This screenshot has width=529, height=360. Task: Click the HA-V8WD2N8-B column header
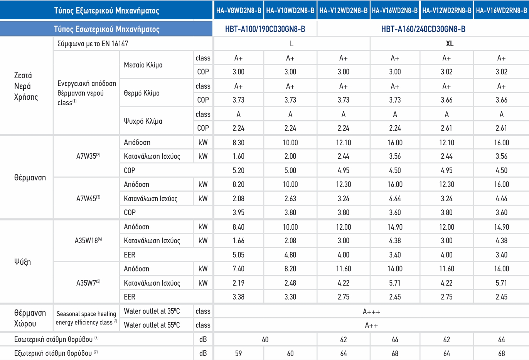pyautogui.click(x=239, y=10)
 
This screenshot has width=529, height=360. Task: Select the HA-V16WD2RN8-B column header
pyautogui.click(x=501, y=10)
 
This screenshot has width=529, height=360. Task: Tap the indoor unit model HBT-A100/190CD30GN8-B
pyautogui.click(x=265, y=29)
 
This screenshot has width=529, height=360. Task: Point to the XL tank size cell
pyautogui.click(x=449, y=44)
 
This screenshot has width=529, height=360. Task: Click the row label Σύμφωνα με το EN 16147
pyautogui.click(x=93, y=44)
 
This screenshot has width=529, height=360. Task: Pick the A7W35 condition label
pyautogui.click(x=88, y=156)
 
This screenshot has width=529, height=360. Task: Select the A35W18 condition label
pyautogui.click(x=88, y=241)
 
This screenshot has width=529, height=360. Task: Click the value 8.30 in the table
pyautogui.click(x=238, y=143)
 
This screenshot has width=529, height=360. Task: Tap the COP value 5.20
pyautogui.click(x=238, y=170)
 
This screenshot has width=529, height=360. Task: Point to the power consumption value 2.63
pyautogui.click(x=290, y=199)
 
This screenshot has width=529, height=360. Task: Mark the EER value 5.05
pyautogui.click(x=238, y=255)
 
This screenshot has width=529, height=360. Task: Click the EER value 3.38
pyautogui.click(x=238, y=297)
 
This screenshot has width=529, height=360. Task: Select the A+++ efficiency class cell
pyautogui.click(x=371, y=311)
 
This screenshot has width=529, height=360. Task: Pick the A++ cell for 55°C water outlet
pyautogui.click(x=371, y=325)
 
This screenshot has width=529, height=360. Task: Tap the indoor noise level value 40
pyautogui.click(x=265, y=340)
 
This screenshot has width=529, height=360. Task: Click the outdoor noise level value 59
pyautogui.click(x=238, y=353)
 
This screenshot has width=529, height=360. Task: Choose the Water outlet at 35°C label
pyautogui.click(x=152, y=311)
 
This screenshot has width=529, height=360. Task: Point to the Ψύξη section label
pyautogui.click(x=22, y=262)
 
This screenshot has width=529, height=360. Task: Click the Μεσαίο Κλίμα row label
pyautogui.click(x=143, y=65)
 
